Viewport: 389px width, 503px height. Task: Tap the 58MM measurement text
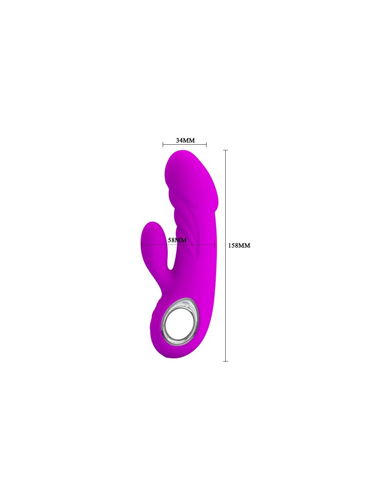pos(177,240)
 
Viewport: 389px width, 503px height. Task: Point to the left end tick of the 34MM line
pos(163,145)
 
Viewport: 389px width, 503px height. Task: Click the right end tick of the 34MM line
pos(206,145)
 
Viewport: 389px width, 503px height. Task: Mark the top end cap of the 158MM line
pos(225,150)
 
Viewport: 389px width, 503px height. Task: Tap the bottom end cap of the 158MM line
pos(225,361)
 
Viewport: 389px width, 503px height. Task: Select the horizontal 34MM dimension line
pos(185,145)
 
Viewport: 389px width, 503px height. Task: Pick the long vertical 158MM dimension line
pos(225,255)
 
